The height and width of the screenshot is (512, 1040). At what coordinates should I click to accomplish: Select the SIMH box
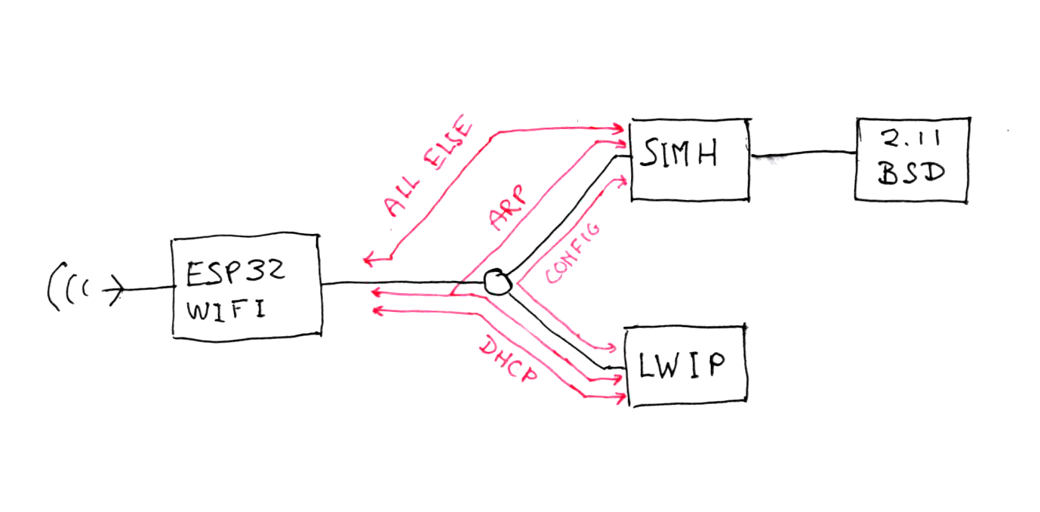[x=688, y=159]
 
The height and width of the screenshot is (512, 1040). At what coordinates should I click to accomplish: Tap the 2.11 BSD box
[x=912, y=159]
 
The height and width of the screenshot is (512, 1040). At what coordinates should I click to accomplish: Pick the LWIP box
[x=685, y=366]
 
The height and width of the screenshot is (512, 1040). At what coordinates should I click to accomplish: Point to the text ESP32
[x=235, y=273]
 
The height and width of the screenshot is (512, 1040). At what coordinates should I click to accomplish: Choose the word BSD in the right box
[x=911, y=174]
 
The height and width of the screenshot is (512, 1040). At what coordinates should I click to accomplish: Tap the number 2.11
[x=911, y=142]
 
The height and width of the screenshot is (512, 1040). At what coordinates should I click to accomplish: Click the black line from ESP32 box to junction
[x=400, y=285]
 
